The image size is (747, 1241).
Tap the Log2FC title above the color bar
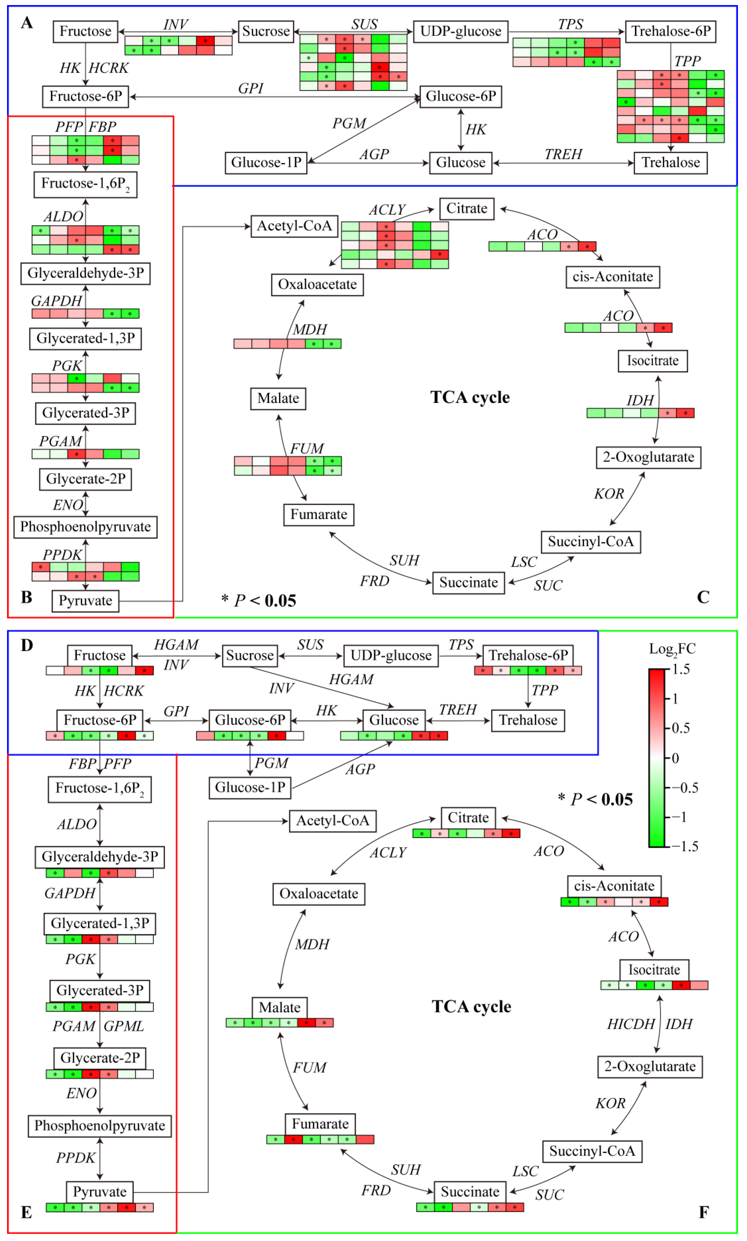tap(672, 649)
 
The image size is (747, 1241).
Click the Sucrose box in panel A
tap(266, 31)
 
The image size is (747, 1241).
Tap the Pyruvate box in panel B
tap(85, 601)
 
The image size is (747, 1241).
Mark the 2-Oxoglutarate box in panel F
tap(650, 1066)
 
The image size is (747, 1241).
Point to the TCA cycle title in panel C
tap(470, 397)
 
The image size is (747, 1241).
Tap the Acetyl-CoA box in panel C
tap(294, 226)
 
